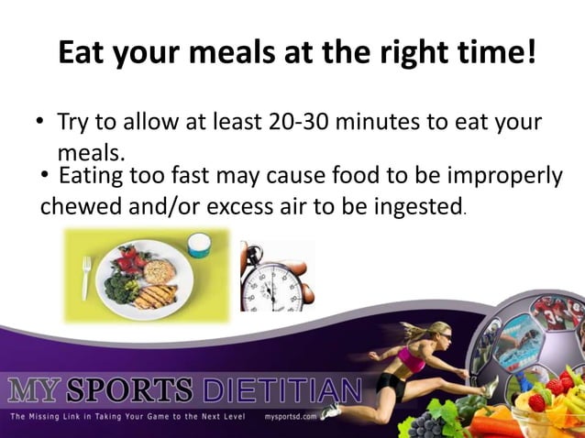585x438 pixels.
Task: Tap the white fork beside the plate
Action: [86, 277]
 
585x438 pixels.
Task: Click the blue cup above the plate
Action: [198, 243]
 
